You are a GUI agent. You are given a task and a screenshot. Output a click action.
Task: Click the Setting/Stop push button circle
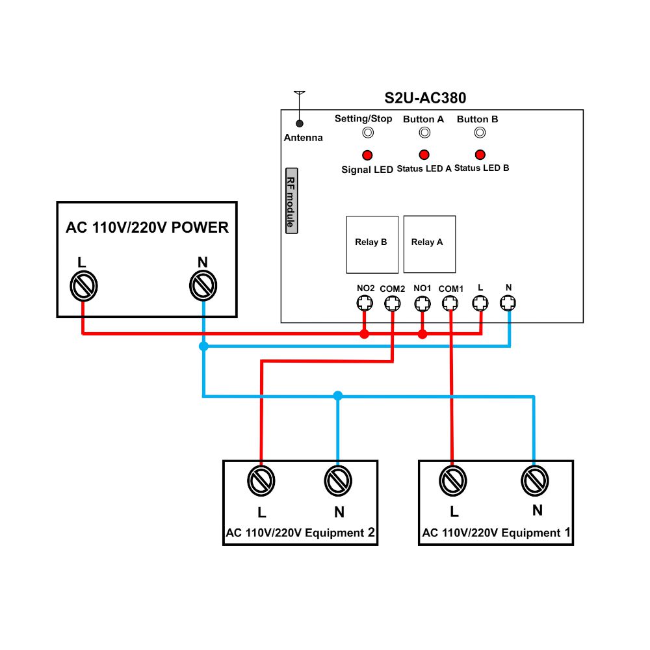pos(368,133)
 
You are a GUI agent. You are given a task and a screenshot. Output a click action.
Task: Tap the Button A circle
pos(424,133)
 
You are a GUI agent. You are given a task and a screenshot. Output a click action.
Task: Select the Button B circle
pos(480,133)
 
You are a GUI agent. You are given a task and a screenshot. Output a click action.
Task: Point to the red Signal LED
pos(367,155)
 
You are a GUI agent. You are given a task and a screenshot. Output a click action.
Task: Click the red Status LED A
pos(424,155)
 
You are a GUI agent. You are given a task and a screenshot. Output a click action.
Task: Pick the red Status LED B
pos(480,155)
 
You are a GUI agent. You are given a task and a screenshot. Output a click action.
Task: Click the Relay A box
pos(430,244)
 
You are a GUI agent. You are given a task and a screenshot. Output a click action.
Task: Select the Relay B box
pos(372,244)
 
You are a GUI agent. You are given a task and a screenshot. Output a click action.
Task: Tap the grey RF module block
pos(291,201)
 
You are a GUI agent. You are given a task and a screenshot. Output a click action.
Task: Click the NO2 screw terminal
pos(365,303)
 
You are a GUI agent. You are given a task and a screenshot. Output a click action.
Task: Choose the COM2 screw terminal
pos(392,304)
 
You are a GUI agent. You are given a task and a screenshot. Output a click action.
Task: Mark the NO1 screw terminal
pos(422,304)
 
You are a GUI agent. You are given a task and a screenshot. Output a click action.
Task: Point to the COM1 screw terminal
pos(450,304)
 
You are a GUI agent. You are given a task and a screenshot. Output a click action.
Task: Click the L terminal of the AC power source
pos(84,286)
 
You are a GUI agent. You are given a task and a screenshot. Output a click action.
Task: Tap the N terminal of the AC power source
pos(203,285)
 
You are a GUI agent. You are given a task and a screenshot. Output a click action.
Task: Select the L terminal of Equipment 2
pos(261,481)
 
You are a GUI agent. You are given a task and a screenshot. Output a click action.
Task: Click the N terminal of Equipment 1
pos(535,481)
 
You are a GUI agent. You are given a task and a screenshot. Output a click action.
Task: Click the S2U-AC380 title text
pos(425,98)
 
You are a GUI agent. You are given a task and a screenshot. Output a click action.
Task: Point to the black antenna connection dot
pos(299,123)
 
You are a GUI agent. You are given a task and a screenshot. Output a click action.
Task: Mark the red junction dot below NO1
pos(422,334)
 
